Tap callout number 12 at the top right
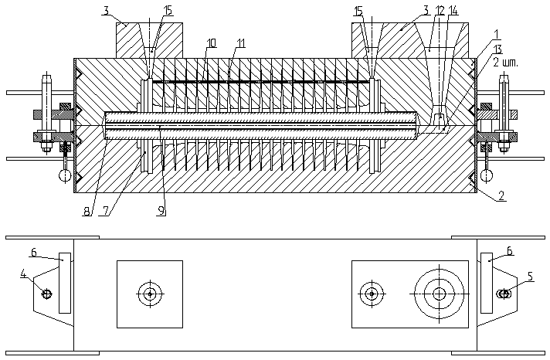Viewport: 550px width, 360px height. (x=440, y=11)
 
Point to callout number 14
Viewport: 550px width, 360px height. (x=453, y=11)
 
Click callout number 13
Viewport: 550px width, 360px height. (x=497, y=49)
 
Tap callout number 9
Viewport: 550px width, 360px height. (x=161, y=210)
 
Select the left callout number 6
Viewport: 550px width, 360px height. (x=34, y=252)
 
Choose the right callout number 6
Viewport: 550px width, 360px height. (x=511, y=252)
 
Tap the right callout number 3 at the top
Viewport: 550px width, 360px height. (x=425, y=11)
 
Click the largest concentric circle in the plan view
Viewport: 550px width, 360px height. (x=439, y=294)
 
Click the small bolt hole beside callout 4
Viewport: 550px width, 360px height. (x=47, y=294)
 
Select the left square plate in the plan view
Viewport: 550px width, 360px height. (x=150, y=294)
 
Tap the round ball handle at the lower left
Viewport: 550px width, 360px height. (x=63, y=175)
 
